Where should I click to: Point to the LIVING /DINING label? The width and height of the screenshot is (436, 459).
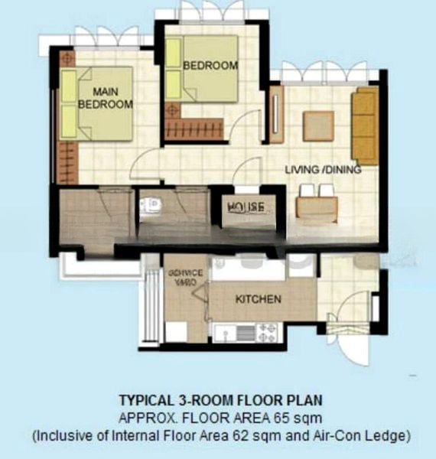322,169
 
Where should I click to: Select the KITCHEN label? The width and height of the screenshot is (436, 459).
258,298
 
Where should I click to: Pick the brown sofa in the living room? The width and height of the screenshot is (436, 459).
365,125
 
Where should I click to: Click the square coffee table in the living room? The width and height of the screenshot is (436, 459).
318,126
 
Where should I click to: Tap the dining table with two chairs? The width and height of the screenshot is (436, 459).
316,205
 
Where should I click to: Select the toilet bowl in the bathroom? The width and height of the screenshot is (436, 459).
151,205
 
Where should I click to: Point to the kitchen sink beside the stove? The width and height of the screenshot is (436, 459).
229,333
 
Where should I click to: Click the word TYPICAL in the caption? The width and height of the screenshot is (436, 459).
146,400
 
